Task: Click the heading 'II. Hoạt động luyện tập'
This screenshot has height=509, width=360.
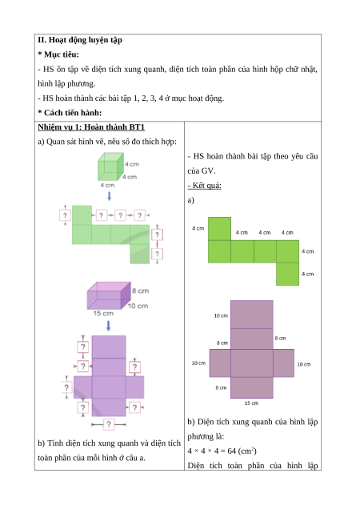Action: click(x=80, y=40)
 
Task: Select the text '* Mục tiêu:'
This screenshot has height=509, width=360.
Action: click(x=58, y=54)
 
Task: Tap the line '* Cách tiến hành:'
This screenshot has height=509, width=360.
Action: click(x=70, y=113)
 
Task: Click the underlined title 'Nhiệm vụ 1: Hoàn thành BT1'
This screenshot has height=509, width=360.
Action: click(x=91, y=127)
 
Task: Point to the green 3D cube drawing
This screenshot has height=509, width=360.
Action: click(x=110, y=166)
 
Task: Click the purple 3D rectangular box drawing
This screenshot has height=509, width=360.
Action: click(x=109, y=295)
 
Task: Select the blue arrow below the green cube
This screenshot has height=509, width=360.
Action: click(x=110, y=196)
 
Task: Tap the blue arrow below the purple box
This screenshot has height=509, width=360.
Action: click(x=109, y=326)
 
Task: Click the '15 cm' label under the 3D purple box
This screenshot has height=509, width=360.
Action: click(x=103, y=313)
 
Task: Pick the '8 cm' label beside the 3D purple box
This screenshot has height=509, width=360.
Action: click(x=140, y=291)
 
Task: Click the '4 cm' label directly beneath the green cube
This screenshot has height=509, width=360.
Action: click(x=107, y=186)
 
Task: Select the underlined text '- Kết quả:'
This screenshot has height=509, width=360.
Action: click(x=205, y=186)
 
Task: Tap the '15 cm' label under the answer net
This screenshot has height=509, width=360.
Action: click(x=251, y=403)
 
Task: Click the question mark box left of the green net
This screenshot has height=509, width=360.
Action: click(x=65, y=215)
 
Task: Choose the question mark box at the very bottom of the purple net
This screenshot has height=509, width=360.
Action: click(x=109, y=424)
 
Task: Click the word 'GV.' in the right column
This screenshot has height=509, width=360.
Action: click(x=209, y=171)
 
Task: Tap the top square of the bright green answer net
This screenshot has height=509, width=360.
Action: click(x=219, y=229)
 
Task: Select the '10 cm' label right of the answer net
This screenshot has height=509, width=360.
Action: click(x=304, y=365)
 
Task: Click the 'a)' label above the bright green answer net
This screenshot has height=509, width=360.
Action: click(x=191, y=200)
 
